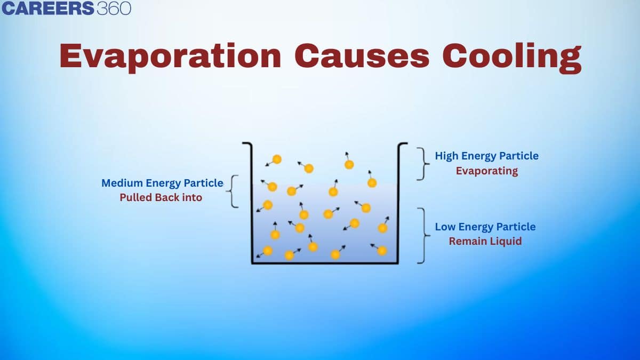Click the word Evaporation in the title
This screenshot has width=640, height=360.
point(170,57)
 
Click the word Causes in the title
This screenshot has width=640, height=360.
point(362,55)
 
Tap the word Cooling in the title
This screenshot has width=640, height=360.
point(512,57)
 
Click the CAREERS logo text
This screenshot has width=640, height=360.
point(47,9)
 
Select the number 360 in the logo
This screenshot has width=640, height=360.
point(114,9)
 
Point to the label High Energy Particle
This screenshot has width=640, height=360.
point(486,156)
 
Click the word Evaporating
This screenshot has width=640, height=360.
point(486,171)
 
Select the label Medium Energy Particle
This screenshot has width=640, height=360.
point(162,183)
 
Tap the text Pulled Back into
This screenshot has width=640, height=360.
point(161,197)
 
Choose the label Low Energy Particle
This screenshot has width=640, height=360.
point(485,227)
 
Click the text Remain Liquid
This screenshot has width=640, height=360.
point(485,241)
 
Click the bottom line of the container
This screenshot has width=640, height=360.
point(325,262)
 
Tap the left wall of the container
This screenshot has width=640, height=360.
point(252,203)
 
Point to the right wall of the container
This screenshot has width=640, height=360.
point(398,203)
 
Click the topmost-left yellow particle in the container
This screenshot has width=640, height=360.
point(277,159)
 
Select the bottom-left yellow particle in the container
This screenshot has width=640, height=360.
point(268,251)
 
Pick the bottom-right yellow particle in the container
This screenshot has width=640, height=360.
point(382,251)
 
